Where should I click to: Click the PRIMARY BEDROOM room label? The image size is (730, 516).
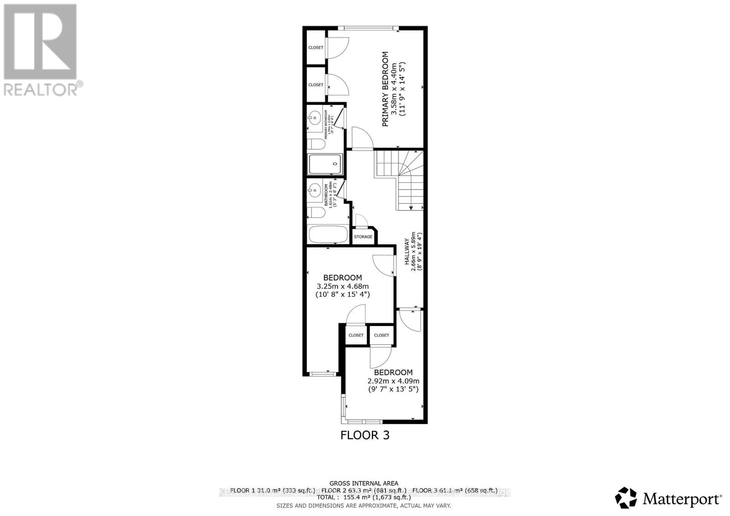coord(386,89)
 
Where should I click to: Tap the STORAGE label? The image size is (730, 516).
coord(363,237)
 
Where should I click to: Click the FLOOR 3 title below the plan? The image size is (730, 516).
coord(365,435)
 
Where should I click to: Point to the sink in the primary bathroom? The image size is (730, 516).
coord(314,119)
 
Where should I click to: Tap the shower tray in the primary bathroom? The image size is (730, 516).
coord(325,164)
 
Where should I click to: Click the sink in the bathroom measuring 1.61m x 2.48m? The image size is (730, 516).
coord(314,188)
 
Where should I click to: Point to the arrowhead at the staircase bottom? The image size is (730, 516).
coord(411,208)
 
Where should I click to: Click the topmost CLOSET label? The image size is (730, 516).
coord(316,48)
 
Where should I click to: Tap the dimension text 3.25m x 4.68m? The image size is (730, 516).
coord(343,286)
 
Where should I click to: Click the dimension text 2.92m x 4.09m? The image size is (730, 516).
coord(393,381)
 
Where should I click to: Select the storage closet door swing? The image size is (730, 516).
coord(361,220)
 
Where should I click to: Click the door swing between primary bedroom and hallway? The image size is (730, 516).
coord(362,138)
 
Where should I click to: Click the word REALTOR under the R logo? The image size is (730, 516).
coord(41,89)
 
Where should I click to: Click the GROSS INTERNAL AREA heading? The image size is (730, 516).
coord(364,483)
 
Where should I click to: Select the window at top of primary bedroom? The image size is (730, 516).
coord(369,28)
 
